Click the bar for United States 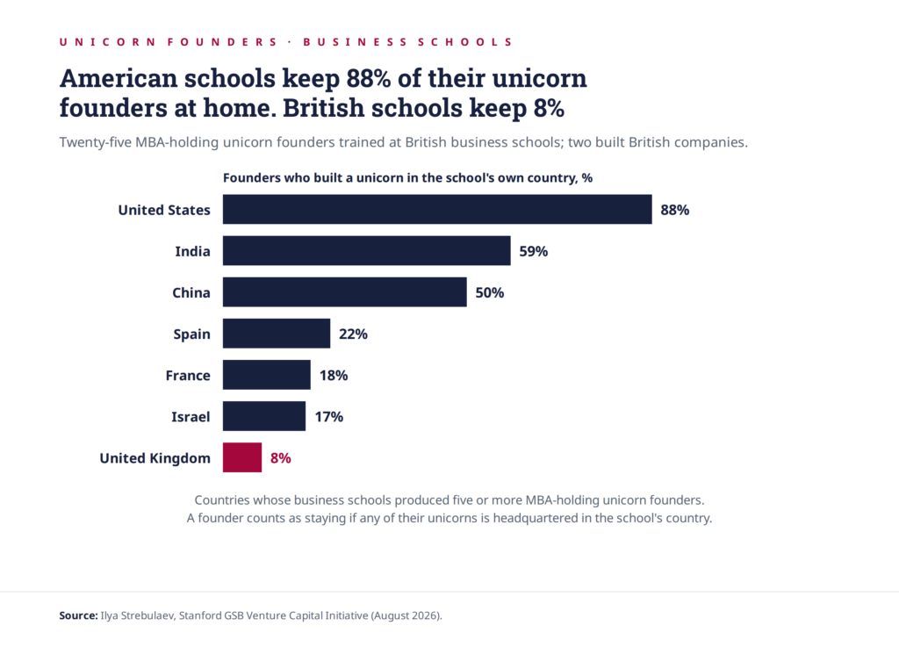coord(437,209)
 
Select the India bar coord(366,250)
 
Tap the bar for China coord(344,292)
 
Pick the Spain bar coord(277,334)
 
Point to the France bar coord(267,375)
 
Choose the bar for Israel coord(264,416)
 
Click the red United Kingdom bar coord(242,457)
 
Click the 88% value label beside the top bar coord(675,210)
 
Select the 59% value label coord(533,251)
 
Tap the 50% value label coord(490,292)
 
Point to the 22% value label coord(353,334)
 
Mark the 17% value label coord(329,417)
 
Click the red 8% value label coord(281,458)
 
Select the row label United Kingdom coord(155,458)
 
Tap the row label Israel coord(191,417)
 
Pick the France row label coord(188,376)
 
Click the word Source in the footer coord(78,615)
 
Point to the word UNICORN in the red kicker coord(107,42)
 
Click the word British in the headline coord(323,108)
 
